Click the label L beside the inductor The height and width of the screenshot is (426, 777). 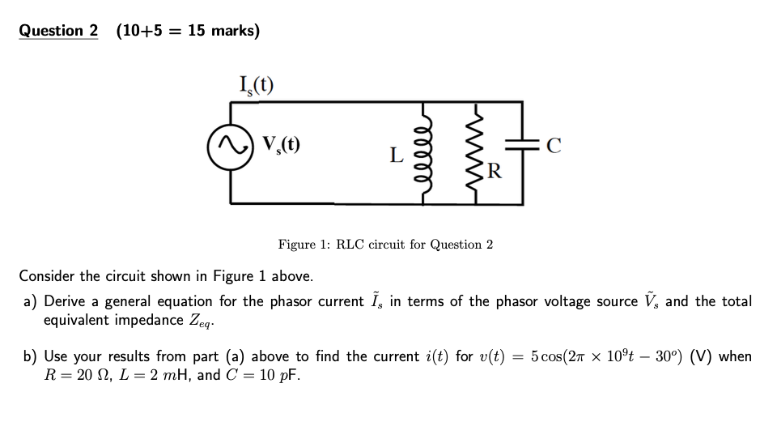[396, 154]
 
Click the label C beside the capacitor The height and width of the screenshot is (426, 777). [554, 147]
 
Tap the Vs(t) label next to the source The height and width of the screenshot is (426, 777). [280, 146]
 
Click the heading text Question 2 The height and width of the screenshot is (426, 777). [58, 31]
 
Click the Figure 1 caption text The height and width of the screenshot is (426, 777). [385, 245]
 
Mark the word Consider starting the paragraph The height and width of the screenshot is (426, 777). [50, 275]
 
